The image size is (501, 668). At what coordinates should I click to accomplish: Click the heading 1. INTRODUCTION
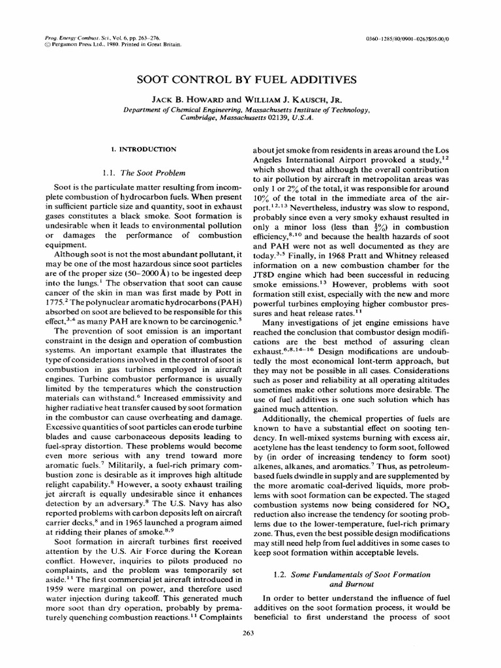[144, 149]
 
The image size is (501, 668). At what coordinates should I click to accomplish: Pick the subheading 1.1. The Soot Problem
[144, 173]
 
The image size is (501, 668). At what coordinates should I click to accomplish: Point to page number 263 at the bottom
[247, 632]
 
